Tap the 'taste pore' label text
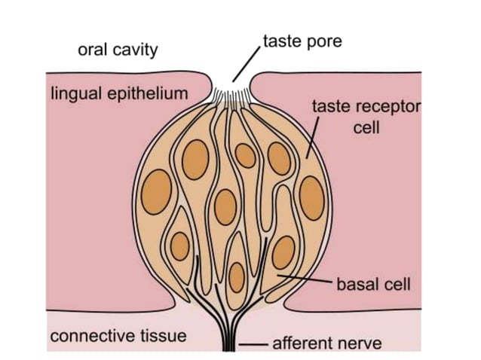(302, 41)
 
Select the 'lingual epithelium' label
(118, 94)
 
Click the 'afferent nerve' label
(326, 344)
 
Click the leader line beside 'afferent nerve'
(256, 345)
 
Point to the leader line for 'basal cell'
(305, 281)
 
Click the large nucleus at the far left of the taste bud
(158, 189)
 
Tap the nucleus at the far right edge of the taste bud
(311, 200)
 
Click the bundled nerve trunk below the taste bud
(228, 335)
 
